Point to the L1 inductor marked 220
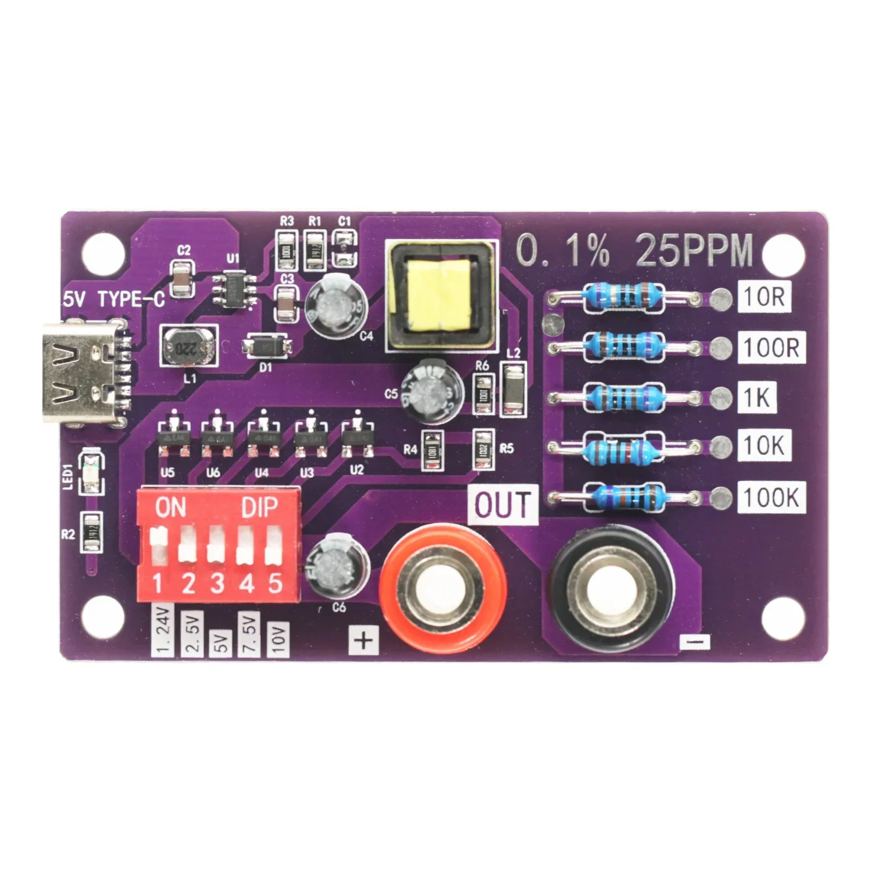pos(188,346)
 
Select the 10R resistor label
pos(764,297)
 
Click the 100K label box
pos(771,498)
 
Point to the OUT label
pos(503,505)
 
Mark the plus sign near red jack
pos(364,640)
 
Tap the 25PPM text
pos(694,251)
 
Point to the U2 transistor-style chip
pos(356,438)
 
